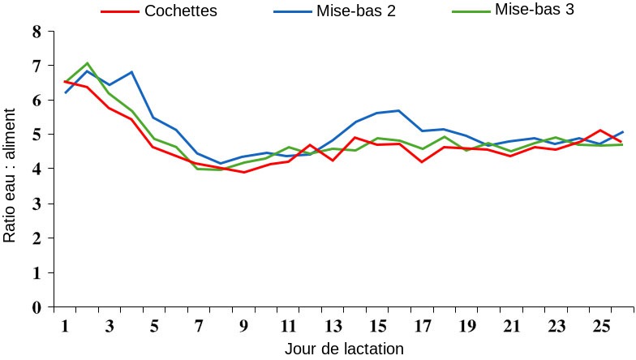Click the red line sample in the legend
point(118,12)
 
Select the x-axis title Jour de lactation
point(344,349)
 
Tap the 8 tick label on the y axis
point(36,32)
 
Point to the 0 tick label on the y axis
point(36,308)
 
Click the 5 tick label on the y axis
point(36,135)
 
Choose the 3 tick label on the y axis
point(36,204)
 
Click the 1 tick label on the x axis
point(66,326)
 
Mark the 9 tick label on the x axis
point(243,326)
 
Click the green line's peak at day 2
point(88,63)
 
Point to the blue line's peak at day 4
point(131,72)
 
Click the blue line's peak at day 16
point(398,110)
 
